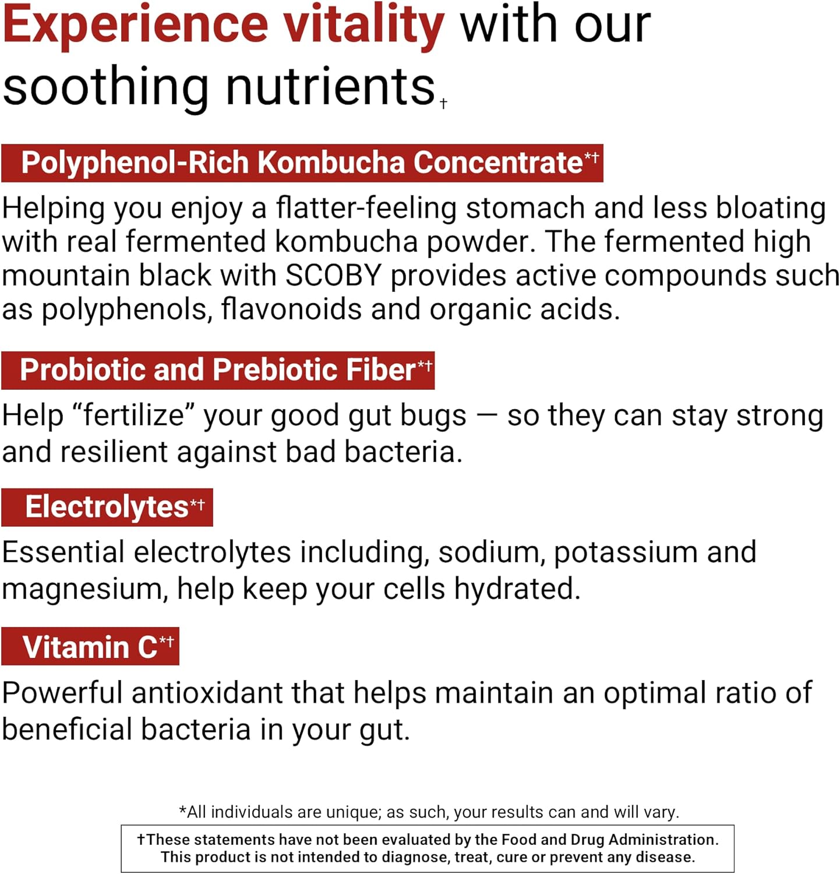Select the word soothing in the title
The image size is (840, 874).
[105, 87]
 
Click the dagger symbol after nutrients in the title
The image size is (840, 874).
[444, 104]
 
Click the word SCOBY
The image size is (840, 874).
[333, 275]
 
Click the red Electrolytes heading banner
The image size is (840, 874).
[107, 507]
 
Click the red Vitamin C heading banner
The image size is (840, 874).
[90, 647]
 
